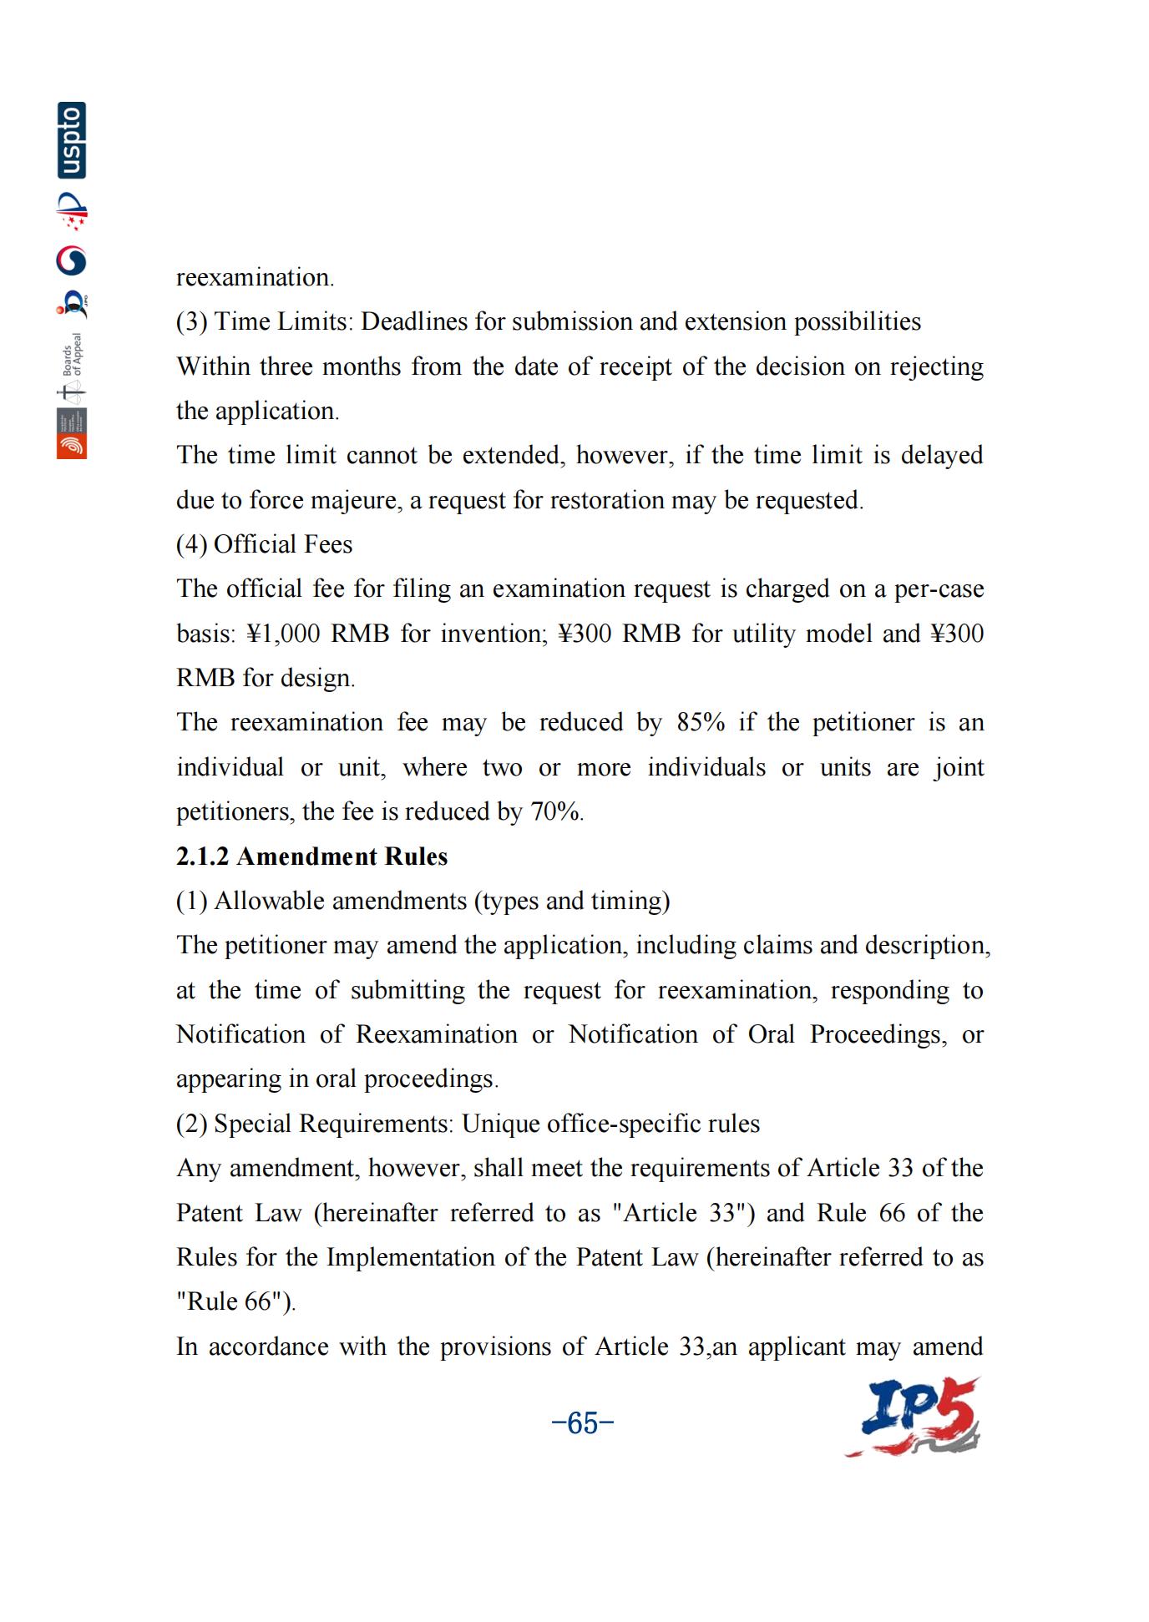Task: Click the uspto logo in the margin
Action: pyautogui.click(x=72, y=140)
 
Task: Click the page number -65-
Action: pyautogui.click(x=583, y=1422)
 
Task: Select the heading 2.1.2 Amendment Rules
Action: pyautogui.click(x=311, y=856)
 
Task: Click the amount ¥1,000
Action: pyautogui.click(x=283, y=634)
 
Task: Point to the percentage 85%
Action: pyautogui.click(x=701, y=722)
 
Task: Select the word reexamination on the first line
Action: pyautogui.click(x=254, y=277)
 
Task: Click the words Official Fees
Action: pyautogui.click(x=283, y=544)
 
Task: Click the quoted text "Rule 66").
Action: pyautogui.click(x=235, y=1301)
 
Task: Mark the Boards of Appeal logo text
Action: pyautogui.click(x=73, y=355)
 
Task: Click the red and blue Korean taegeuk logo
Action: pyautogui.click(x=72, y=260)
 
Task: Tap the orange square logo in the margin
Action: pyautogui.click(x=72, y=446)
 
